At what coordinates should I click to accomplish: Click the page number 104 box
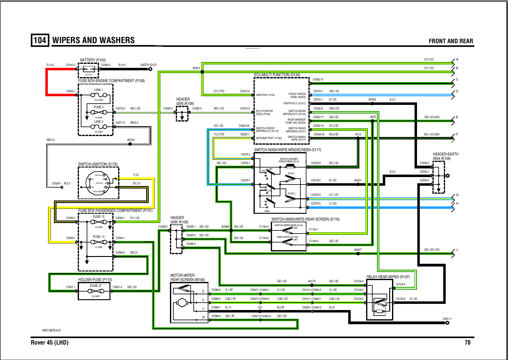click(40, 40)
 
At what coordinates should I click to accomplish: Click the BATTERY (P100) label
click(93, 60)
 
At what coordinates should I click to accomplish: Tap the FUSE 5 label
click(99, 107)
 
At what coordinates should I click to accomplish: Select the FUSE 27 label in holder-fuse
click(96, 286)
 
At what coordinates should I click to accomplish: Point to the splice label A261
click(196, 68)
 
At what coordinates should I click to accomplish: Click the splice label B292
click(372, 100)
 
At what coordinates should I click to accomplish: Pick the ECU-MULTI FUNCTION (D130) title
click(277, 75)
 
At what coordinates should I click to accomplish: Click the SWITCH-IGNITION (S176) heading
click(98, 164)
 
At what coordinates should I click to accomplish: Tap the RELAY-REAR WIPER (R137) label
click(388, 277)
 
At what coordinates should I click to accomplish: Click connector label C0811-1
click(447, 319)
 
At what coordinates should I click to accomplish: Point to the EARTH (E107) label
click(148, 65)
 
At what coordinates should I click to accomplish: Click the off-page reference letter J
click(457, 250)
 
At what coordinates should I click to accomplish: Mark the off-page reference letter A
click(457, 60)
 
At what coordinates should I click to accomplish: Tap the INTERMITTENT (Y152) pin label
click(269, 138)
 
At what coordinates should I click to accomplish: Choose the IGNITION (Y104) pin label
click(265, 95)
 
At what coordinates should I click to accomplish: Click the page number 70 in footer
click(467, 342)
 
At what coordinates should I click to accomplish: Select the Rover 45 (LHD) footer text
click(50, 342)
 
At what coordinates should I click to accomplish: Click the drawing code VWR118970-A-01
click(52, 330)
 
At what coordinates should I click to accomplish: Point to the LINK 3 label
click(99, 122)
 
